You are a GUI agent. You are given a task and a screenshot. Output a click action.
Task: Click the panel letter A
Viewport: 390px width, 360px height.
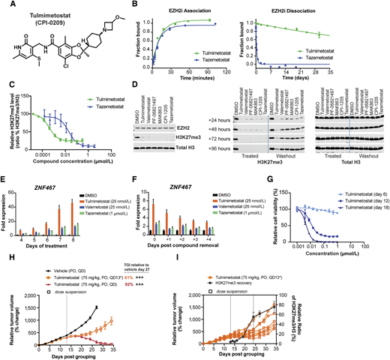pos(5,5)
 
